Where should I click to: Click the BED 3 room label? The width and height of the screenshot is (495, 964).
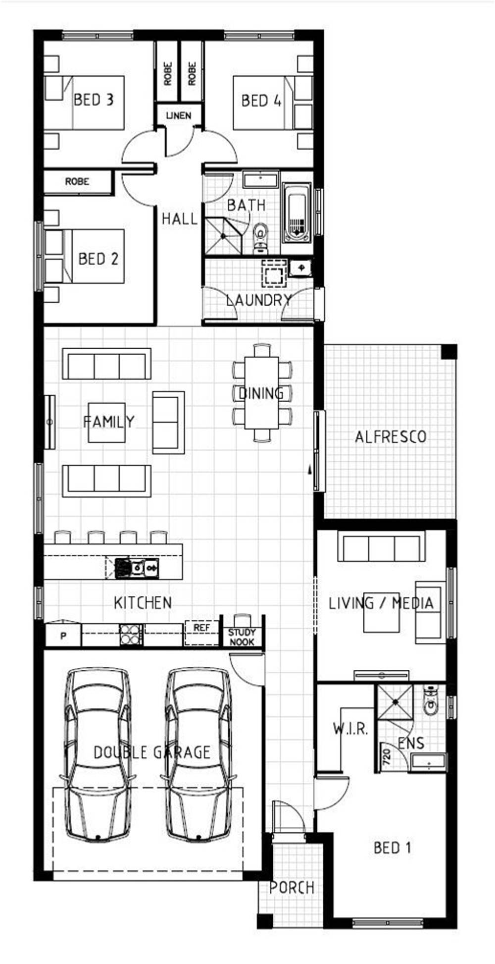pos(94,100)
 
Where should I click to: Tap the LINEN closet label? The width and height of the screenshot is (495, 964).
pos(179,115)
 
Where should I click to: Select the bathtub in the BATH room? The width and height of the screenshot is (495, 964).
pos(297,213)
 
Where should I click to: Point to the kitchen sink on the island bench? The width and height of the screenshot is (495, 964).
pos(137,568)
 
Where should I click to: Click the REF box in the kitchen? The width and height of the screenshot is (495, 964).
pos(201,633)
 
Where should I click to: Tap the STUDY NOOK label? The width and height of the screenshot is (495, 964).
pos(242,637)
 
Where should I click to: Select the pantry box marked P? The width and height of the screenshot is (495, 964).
pos(63,635)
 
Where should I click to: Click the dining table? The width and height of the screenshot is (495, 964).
pos(262,393)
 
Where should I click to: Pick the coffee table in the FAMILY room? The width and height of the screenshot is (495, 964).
pos(107,423)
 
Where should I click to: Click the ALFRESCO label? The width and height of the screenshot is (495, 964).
pos(391,437)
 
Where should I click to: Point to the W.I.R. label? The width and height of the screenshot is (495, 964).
pos(350,729)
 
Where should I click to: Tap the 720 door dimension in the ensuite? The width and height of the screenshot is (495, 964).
pos(387,756)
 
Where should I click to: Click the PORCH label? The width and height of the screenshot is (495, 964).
pos(292,888)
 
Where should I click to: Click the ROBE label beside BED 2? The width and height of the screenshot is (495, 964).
pos(77,182)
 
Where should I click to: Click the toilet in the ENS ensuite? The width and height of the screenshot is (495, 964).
pos(431,700)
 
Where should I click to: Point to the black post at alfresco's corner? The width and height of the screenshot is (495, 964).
pos(449,352)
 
